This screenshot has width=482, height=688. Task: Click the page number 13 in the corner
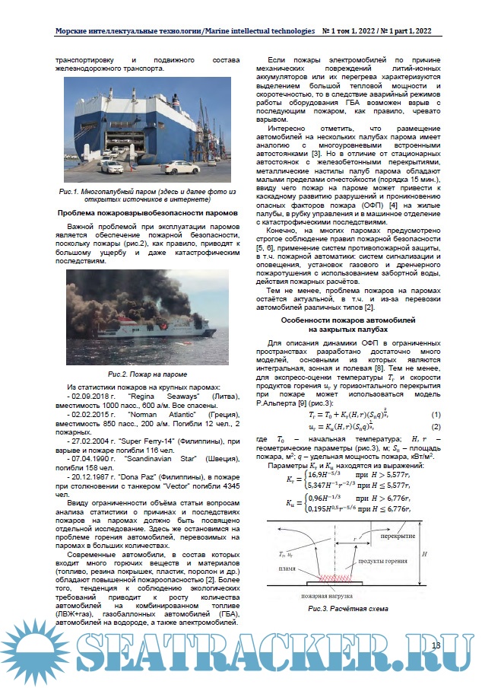[436, 645]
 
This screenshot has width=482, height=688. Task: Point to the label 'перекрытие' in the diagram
[400, 536]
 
